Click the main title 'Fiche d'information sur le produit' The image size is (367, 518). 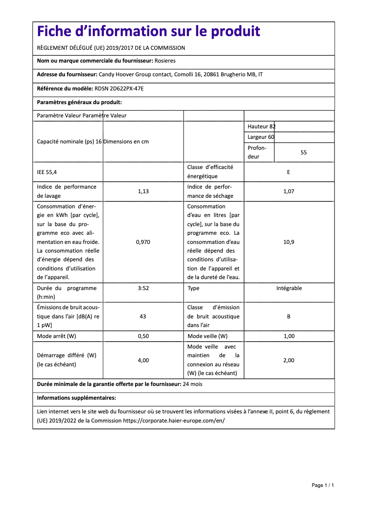148,31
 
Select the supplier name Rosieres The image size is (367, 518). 165,61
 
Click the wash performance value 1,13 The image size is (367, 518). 143,191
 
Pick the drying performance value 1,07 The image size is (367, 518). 289,191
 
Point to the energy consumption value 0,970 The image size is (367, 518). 143,242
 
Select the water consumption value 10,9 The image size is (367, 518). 289,242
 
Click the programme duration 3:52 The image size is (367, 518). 143,288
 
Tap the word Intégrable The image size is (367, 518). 289,288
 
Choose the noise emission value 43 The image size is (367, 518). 143,316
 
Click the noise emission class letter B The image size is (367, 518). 289,316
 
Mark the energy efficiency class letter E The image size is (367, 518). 289,172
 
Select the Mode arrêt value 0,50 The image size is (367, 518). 143,336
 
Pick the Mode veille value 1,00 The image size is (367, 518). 289,336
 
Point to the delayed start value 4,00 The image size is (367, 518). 143,360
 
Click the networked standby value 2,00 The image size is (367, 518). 289,360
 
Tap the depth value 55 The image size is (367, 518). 303,153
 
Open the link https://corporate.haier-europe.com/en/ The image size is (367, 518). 174,420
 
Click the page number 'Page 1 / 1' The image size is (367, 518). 323,485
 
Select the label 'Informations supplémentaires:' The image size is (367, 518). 76,398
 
